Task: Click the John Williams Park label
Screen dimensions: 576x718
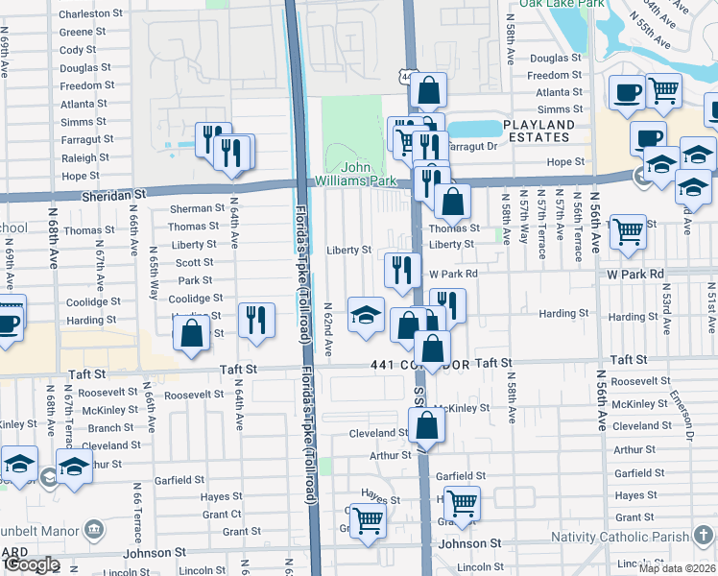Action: point(356,174)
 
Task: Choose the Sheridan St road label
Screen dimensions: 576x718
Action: point(112,193)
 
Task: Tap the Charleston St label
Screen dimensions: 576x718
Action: point(91,14)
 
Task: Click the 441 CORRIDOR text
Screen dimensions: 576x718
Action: point(420,364)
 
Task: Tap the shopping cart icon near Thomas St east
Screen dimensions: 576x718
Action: point(628,229)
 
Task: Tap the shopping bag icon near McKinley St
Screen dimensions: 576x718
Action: point(425,424)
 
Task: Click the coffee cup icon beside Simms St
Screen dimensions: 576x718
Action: point(628,93)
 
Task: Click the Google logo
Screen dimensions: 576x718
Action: point(31,564)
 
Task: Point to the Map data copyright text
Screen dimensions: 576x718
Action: point(678,568)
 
